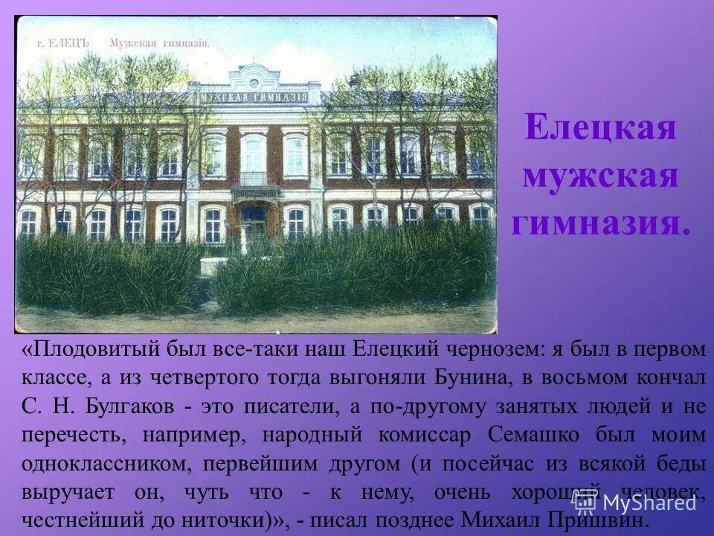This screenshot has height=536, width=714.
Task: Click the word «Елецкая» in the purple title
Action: pyautogui.click(x=600, y=128)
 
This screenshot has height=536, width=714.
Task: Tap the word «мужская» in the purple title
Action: pyautogui.click(x=600, y=177)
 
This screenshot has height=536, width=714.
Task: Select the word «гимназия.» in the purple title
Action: pyautogui.click(x=600, y=223)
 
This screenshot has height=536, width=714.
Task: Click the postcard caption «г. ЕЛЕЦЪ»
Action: pyautogui.click(x=62, y=43)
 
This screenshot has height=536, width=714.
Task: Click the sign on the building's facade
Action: pyautogui.click(x=257, y=98)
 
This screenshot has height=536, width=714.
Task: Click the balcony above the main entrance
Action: pyautogui.click(x=254, y=179)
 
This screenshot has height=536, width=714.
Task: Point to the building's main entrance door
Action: pyautogui.click(x=254, y=221)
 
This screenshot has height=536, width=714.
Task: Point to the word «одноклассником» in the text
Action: pyautogui.click(x=103, y=464)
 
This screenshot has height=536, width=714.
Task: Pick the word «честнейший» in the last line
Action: pyautogui.click(x=79, y=520)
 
